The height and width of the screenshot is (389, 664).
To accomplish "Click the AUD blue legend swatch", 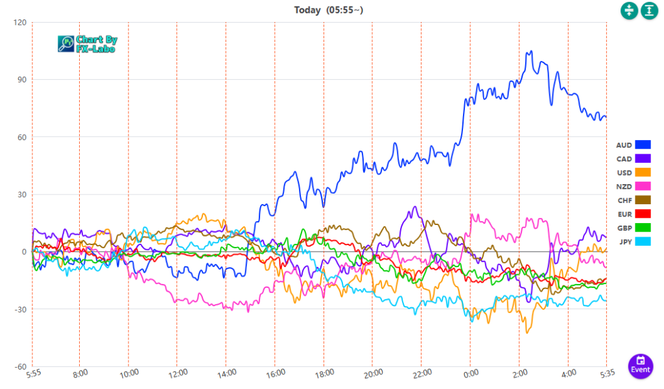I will pos(643,145).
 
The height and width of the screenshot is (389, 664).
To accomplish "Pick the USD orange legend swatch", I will pos(643,172).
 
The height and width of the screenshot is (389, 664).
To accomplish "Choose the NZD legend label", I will pos(624,187).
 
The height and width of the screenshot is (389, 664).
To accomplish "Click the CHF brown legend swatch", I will pos(643,200).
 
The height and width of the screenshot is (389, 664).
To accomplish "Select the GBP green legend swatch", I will pos(643,228).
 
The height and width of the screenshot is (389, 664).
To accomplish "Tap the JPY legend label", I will pos(624,242).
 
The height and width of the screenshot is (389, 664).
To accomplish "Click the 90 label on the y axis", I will pos(21,80).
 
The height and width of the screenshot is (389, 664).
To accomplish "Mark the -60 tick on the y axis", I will pos(19,366).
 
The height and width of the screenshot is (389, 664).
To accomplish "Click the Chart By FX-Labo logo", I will pos(87,44).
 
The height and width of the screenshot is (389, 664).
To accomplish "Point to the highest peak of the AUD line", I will pos(531,51).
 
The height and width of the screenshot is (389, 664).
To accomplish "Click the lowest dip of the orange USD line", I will pos(528,333).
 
